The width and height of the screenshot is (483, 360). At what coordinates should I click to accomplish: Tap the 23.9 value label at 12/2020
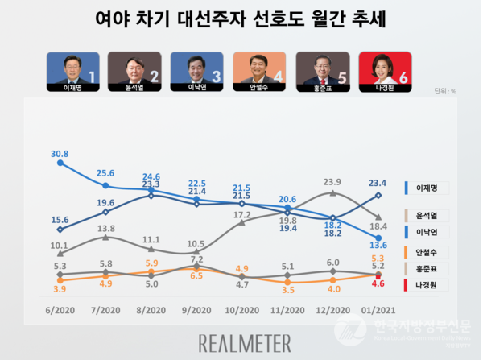pos(332,182)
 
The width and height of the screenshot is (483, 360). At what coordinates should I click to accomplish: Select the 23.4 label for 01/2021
pos(378,182)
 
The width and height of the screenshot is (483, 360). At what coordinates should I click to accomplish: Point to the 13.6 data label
pos(378,245)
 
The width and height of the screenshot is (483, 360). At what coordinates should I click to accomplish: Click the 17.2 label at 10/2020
pos(242,216)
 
